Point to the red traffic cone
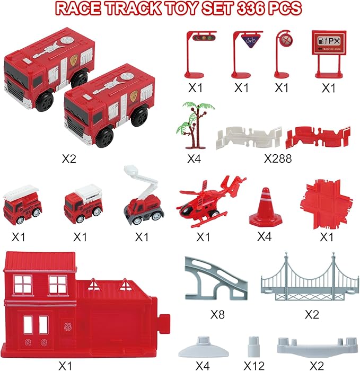tap(264, 208)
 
